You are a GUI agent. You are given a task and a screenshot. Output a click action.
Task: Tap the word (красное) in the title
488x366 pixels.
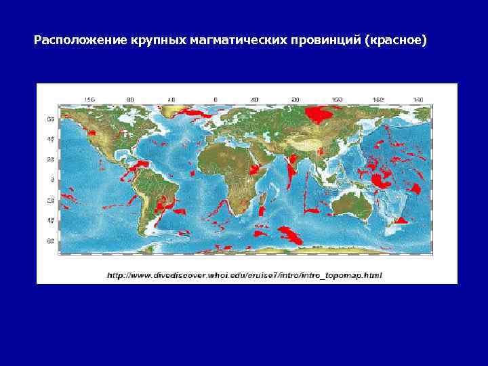pyautogui.click(x=396, y=41)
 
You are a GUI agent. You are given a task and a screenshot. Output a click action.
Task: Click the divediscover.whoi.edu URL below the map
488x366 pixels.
pyautogui.click(x=244, y=275)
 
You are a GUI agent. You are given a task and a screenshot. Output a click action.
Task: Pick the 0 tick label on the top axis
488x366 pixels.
pyautogui.click(x=215, y=100)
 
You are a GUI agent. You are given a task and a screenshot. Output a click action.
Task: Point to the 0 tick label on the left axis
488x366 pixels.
pyautogui.click(x=52, y=180)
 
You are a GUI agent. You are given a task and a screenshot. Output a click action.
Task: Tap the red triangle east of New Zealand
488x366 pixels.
pyautogui.click(x=402, y=219)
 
